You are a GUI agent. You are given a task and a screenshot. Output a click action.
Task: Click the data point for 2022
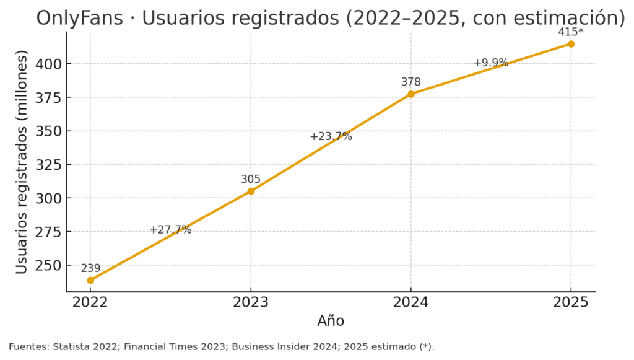point(90,280)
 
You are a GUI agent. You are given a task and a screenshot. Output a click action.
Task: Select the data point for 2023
point(251,191)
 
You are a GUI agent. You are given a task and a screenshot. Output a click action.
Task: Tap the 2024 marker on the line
point(411,94)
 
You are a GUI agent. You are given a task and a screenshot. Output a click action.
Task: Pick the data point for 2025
point(571,44)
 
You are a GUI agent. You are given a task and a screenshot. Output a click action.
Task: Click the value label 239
point(90,268)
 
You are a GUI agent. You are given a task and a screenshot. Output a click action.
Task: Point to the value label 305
point(251,180)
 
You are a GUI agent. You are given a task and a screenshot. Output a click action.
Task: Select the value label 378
point(410,82)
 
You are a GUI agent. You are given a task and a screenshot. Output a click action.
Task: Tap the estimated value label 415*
point(570,32)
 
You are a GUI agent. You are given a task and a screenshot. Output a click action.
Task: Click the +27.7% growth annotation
point(170,230)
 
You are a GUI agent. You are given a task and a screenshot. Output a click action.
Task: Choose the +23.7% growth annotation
point(331,136)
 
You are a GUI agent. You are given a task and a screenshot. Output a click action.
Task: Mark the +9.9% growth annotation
point(490,63)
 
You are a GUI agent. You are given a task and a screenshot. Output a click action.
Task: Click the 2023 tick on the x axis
point(251,302)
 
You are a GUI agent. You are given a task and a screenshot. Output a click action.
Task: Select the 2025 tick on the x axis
point(571,302)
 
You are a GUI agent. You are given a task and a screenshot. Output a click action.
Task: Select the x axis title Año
point(331,321)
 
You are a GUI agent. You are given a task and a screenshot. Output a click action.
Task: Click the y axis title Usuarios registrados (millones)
point(22,162)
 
